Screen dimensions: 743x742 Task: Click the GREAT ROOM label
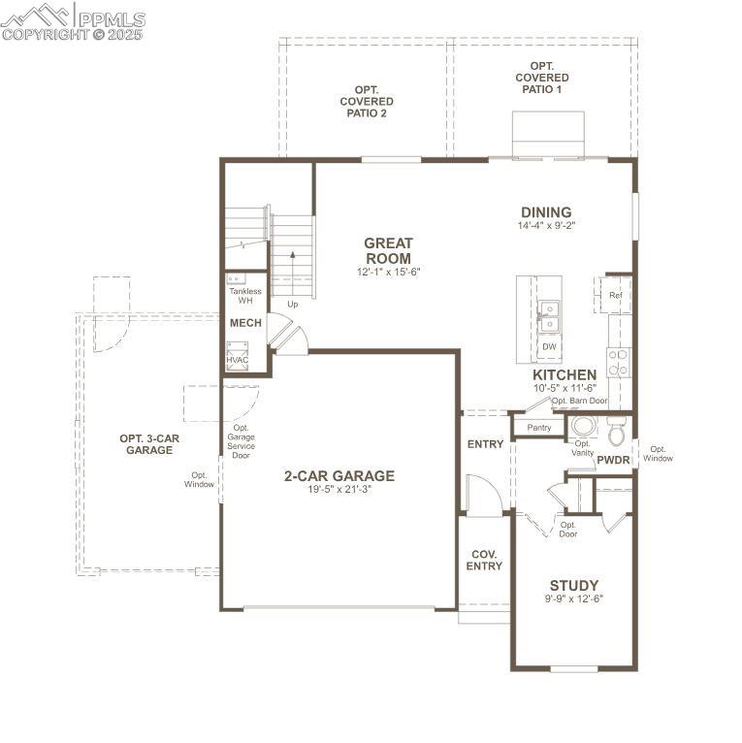(388, 251)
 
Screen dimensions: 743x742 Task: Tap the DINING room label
(546, 213)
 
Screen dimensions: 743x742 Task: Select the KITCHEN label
(565, 374)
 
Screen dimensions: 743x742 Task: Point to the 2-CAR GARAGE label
(339, 475)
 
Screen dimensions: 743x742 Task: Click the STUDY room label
(574, 585)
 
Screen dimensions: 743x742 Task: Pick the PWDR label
(613, 460)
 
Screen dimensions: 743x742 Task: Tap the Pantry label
(538, 427)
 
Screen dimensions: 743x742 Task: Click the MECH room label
(245, 323)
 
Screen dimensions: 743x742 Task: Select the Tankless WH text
(245, 296)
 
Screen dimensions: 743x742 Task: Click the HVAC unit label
(238, 360)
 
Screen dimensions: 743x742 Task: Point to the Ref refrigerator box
(616, 295)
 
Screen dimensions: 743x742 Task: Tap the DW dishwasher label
(549, 346)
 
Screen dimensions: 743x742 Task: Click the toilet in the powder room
(617, 427)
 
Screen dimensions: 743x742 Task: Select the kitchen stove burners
(618, 362)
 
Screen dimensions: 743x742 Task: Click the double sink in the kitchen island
(549, 316)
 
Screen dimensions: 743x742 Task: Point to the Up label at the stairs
(292, 305)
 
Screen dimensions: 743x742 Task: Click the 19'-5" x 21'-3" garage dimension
(339, 490)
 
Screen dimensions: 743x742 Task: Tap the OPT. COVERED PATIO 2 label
(367, 102)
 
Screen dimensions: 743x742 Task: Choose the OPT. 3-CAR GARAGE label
(149, 444)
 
